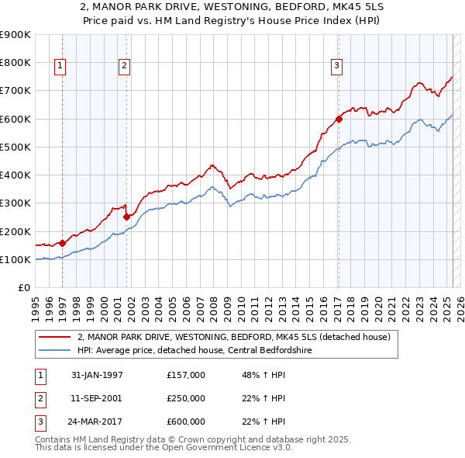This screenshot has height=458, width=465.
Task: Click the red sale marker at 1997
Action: coord(63,243)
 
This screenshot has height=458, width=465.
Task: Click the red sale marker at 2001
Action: coord(126,217)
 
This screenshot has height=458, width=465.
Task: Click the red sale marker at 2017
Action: coord(339,119)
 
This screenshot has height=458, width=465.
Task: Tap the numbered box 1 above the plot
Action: coord(60,67)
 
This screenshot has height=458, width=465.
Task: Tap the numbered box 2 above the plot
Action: coord(124,67)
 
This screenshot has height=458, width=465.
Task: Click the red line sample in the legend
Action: coord(55,337)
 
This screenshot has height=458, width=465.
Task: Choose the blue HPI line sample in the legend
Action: coord(55,350)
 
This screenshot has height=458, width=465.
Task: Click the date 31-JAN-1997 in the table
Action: coord(97,375)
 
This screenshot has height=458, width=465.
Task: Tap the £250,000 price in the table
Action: coord(186,398)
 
